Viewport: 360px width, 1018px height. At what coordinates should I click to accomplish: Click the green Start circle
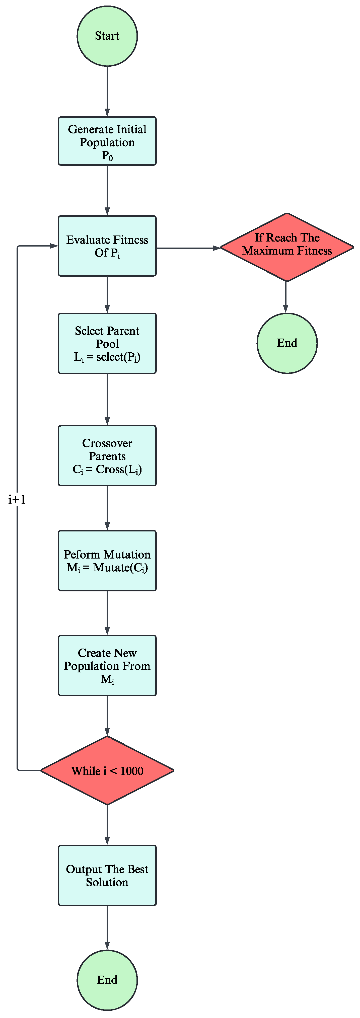[107, 36]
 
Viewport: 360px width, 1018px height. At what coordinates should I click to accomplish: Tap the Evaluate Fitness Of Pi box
[107, 246]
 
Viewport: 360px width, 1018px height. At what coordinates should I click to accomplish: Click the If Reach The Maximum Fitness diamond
[287, 247]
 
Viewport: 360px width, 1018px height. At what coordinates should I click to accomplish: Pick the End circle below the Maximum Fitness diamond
[287, 343]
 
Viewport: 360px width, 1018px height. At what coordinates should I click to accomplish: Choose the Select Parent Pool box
[107, 343]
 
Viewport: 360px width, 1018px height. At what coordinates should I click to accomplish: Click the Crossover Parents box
[107, 456]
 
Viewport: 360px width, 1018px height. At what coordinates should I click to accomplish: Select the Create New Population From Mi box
[107, 665]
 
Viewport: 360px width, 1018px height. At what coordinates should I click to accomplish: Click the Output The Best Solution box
[107, 875]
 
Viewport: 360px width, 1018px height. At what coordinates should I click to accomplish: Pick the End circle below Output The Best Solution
[107, 980]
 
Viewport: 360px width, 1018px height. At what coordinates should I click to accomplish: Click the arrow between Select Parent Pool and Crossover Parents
[107, 399]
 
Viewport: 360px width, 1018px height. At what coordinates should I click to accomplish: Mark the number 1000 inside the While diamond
[132, 771]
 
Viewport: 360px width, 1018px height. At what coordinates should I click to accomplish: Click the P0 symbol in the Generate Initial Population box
[107, 156]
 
